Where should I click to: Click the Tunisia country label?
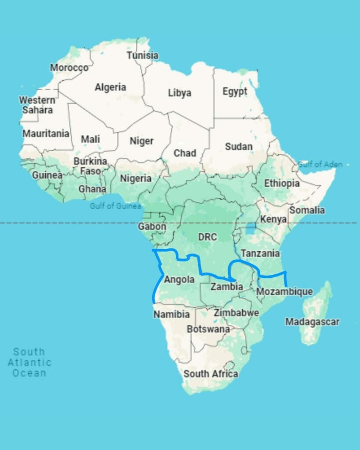point(142,55)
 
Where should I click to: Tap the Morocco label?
point(69,68)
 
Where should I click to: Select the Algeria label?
point(110,87)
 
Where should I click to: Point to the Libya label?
point(179,93)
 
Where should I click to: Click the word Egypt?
point(235,91)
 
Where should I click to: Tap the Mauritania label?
point(46,133)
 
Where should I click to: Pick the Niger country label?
point(142,141)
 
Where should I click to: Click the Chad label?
point(185,153)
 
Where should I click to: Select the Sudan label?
point(239,146)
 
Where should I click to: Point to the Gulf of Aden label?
point(320,164)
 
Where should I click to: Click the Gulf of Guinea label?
point(116,206)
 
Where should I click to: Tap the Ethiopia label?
point(282,183)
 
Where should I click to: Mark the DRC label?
point(207,237)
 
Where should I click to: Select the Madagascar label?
point(312,322)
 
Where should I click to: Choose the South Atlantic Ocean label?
point(29,363)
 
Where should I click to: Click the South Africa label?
point(211,374)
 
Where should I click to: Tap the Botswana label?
point(208,329)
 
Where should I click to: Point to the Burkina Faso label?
point(90,166)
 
